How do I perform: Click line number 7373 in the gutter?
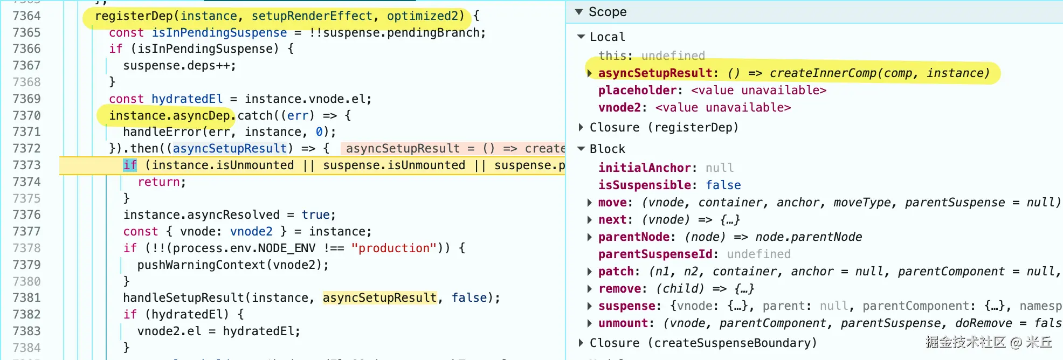[x=26, y=165]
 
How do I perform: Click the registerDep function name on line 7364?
[x=134, y=16]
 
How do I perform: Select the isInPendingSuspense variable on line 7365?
[x=219, y=33]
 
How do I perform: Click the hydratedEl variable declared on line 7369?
[x=187, y=99]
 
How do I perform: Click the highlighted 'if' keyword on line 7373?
[x=130, y=165]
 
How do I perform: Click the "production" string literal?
[x=394, y=248]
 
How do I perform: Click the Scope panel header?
[x=608, y=12]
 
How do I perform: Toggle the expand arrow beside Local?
[x=581, y=37]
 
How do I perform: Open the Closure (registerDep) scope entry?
[x=664, y=127]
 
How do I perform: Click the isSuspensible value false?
[x=723, y=185]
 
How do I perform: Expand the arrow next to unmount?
[x=590, y=323]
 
